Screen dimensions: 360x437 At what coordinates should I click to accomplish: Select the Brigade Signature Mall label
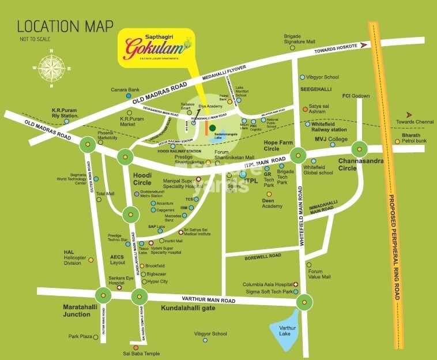299,39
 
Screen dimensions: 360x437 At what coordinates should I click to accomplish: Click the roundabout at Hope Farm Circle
298,154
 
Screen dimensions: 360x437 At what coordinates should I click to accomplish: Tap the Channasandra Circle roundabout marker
359,149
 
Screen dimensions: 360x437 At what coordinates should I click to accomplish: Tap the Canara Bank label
126,90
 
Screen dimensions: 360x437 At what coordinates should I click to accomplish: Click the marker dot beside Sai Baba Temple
136,347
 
